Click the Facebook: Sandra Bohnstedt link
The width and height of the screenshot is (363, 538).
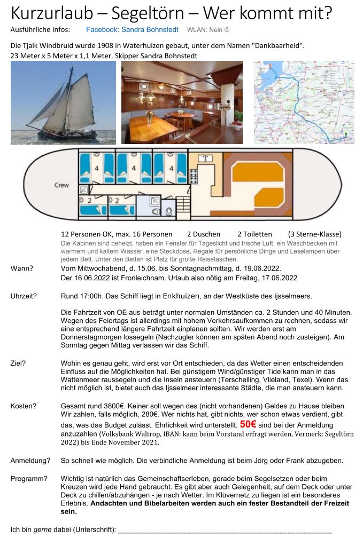tap(132, 30)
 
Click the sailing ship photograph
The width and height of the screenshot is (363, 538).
tap(63, 102)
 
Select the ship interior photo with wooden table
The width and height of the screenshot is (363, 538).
tap(182, 102)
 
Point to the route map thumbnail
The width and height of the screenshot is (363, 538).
tap(304, 102)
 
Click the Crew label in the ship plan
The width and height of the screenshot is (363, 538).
tap(61, 185)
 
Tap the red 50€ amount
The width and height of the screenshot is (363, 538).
tap(248, 425)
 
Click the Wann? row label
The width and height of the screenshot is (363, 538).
tap(22, 268)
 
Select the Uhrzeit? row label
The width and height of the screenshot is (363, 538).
tap(24, 296)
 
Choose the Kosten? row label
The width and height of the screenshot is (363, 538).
tap(24, 407)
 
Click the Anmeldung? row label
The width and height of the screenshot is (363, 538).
tap(30, 461)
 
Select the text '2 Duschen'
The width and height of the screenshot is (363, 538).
tap(204, 234)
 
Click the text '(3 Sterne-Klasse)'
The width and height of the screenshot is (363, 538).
tap(314, 234)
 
